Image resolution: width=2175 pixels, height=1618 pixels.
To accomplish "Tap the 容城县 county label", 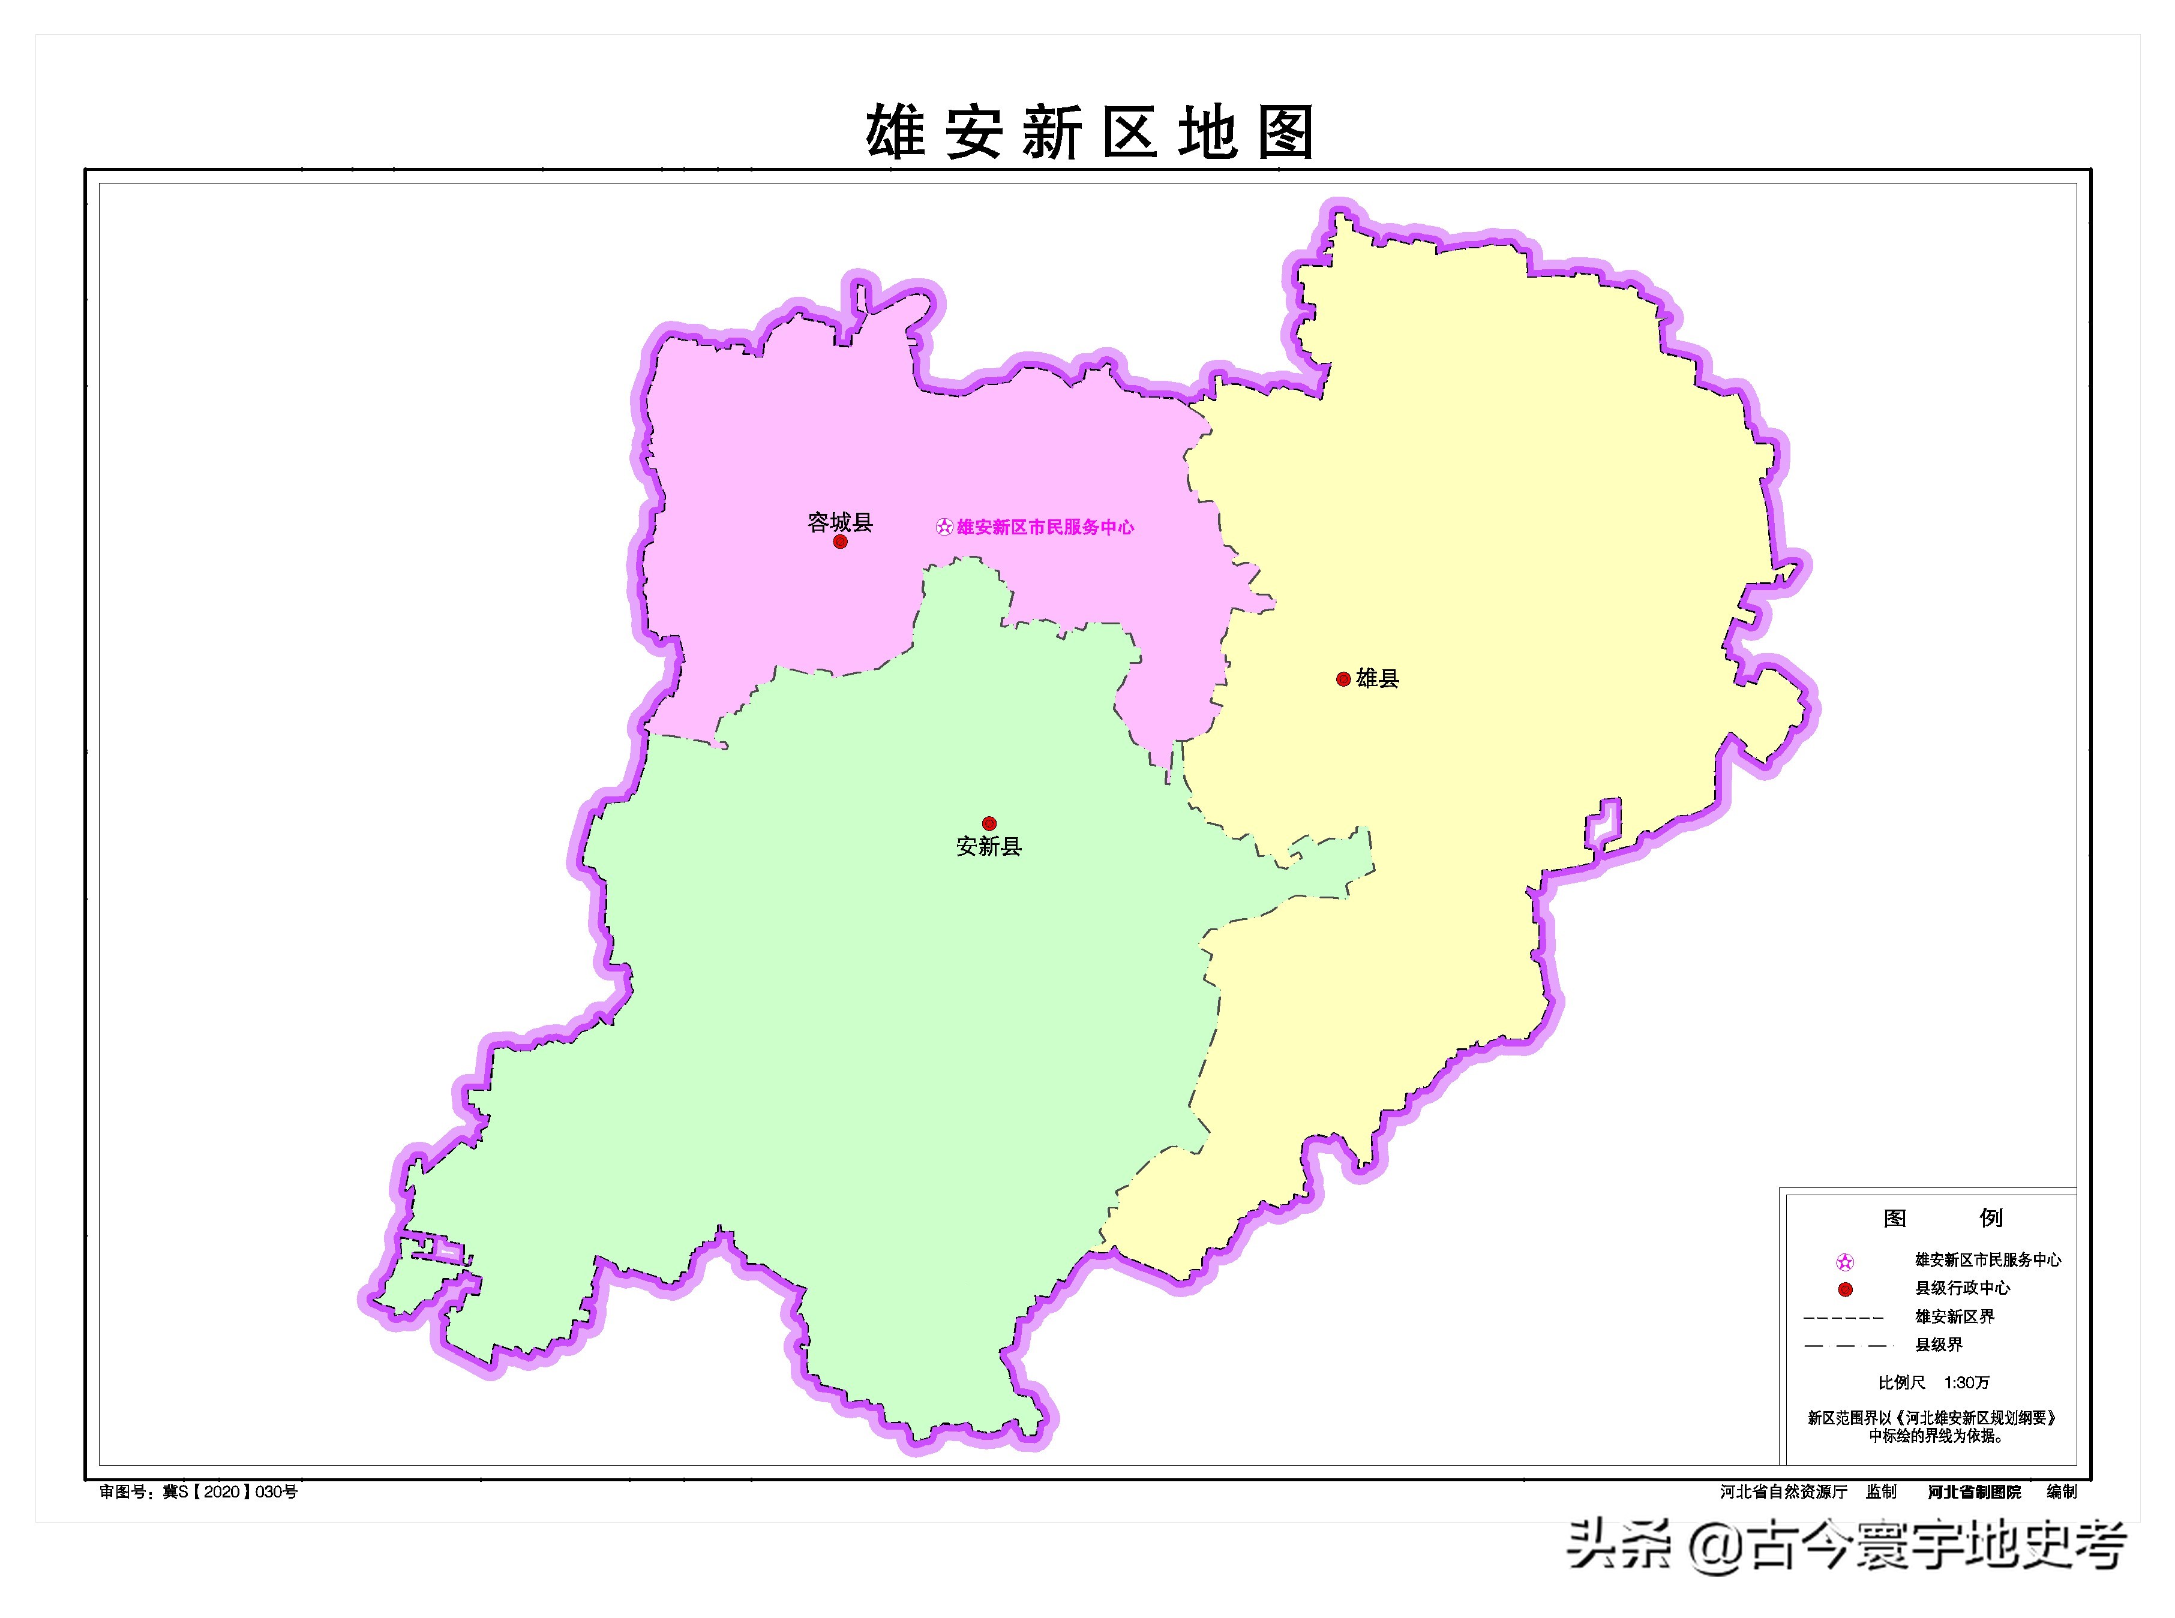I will (x=839, y=522).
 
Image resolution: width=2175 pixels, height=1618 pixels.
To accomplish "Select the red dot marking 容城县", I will (x=839, y=542).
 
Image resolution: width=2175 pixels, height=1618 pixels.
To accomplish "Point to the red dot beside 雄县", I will (x=1343, y=679).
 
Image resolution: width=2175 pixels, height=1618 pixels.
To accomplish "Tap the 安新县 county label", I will (x=989, y=846).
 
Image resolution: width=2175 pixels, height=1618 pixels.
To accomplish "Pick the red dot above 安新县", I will (x=989, y=823).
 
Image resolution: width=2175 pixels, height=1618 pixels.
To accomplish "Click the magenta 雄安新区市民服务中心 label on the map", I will (x=1045, y=527).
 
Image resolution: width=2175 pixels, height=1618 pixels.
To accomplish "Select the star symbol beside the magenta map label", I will (x=943, y=527).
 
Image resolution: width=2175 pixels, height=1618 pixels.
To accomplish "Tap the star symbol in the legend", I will (x=1845, y=1262).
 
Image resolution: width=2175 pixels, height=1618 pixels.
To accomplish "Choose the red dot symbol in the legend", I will (x=1845, y=1289).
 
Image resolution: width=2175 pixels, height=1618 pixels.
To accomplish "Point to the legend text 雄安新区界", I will (x=1955, y=1316).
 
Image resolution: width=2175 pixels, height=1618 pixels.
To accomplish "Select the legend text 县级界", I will (x=1939, y=1345).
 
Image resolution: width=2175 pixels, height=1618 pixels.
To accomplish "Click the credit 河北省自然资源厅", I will (x=1783, y=1491).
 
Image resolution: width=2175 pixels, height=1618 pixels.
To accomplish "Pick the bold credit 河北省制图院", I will (x=1974, y=1491).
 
